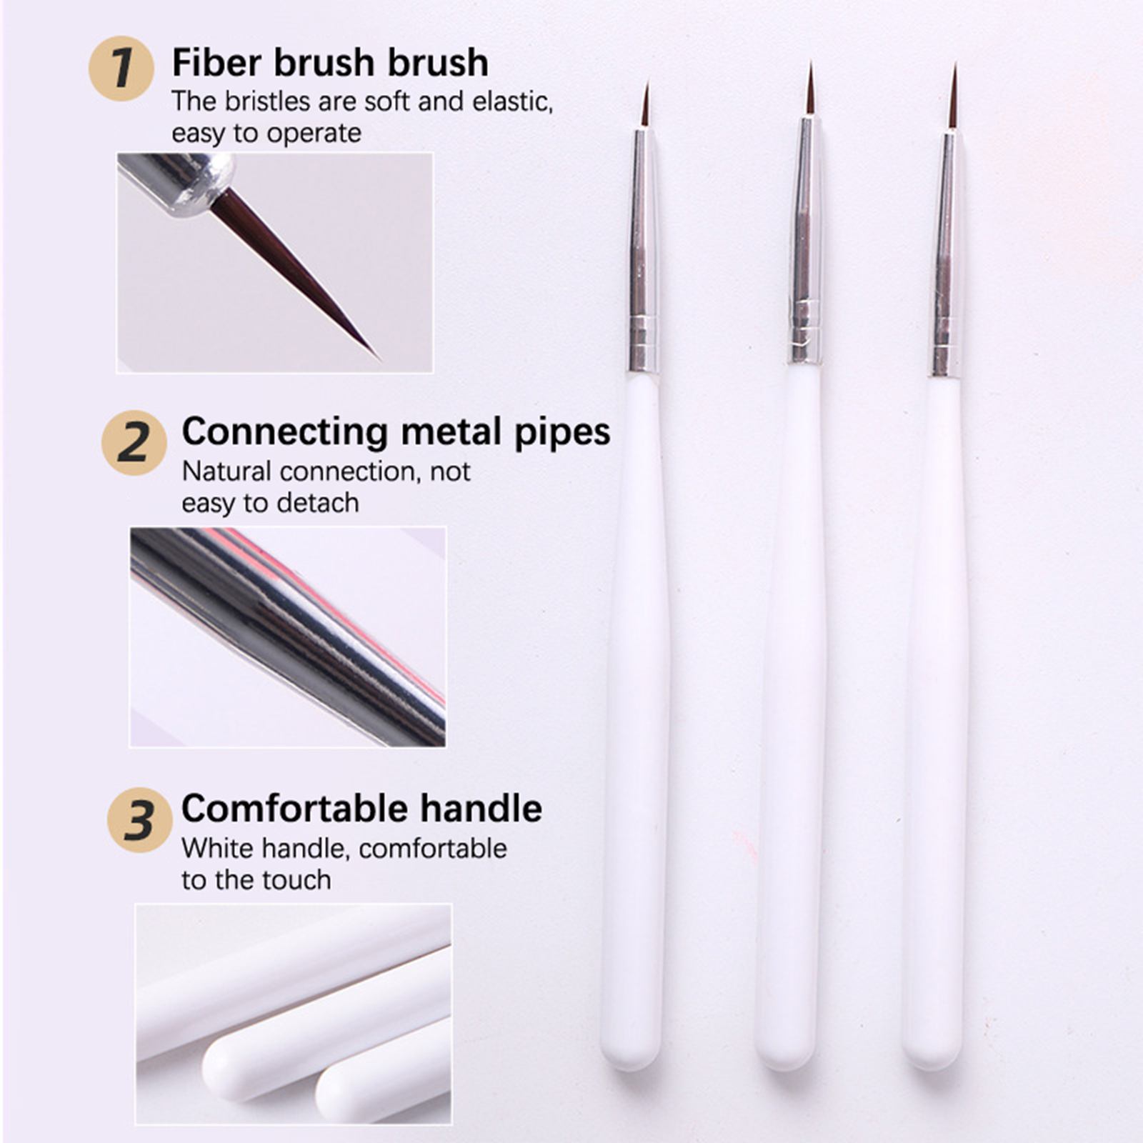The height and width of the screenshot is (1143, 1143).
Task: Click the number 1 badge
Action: pos(121,68)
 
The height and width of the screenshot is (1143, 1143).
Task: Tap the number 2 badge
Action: pos(134,442)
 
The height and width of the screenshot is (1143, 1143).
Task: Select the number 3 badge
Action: pos(139,819)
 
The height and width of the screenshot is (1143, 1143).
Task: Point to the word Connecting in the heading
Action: pos(286,433)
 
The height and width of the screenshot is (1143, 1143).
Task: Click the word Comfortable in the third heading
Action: pos(295,809)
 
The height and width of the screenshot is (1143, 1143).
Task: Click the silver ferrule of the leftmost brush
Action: pos(643,250)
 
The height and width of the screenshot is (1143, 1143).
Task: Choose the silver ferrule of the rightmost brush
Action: pos(947,253)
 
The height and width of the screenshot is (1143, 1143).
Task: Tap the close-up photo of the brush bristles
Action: pos(275,262)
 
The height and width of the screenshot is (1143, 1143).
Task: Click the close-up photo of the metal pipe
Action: pos(288,637)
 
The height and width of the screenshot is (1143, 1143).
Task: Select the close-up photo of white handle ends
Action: pos(294,1014)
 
